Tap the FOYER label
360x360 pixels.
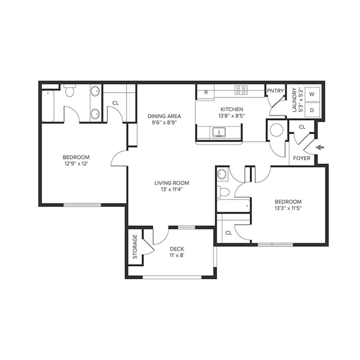(302, 158)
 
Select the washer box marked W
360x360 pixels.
(312, 94)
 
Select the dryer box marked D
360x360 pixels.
(312, 110)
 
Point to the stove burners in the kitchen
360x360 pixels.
(241, 90)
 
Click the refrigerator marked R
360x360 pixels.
(206, 92)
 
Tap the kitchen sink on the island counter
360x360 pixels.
(220, 133)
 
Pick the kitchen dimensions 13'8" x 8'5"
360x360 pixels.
(232, 116)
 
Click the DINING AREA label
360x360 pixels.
(164, 116)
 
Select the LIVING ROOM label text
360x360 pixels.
(171, 183)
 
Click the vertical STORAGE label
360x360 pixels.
(135, 247)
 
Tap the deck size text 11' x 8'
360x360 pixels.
(177, 255)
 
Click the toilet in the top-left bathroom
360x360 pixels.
(70, 91)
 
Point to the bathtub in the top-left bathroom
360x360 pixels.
(48, 106)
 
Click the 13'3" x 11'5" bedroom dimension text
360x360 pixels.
(288, 208)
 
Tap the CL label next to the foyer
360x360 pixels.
(302, 127)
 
